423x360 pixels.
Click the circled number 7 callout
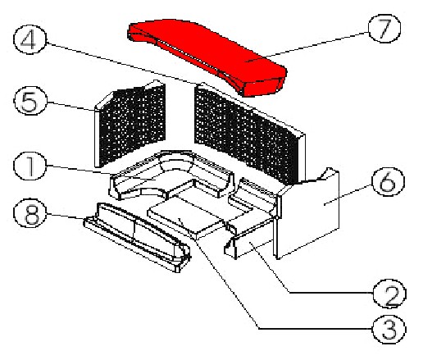[x=384, y=29]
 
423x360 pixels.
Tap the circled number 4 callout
[x=30, y=39]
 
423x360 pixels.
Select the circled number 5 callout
[x=30, y=101]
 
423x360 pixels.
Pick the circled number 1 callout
[x=30, y=166]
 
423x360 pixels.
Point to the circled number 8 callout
[x=30, y=214]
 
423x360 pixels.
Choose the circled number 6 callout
[x=388, y=181]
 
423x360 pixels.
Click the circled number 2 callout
[x=389, y=294]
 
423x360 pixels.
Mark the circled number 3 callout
[x=389, y=329]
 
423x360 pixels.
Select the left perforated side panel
[x=130, y=124]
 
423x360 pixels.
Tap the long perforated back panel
[x=249, y=134]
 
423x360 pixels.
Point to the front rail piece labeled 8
[x=137, y=235]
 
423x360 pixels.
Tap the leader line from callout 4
[x=121, y=63]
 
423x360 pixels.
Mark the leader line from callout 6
[x=348, y=194]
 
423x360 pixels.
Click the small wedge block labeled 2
[x=248, y=244]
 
